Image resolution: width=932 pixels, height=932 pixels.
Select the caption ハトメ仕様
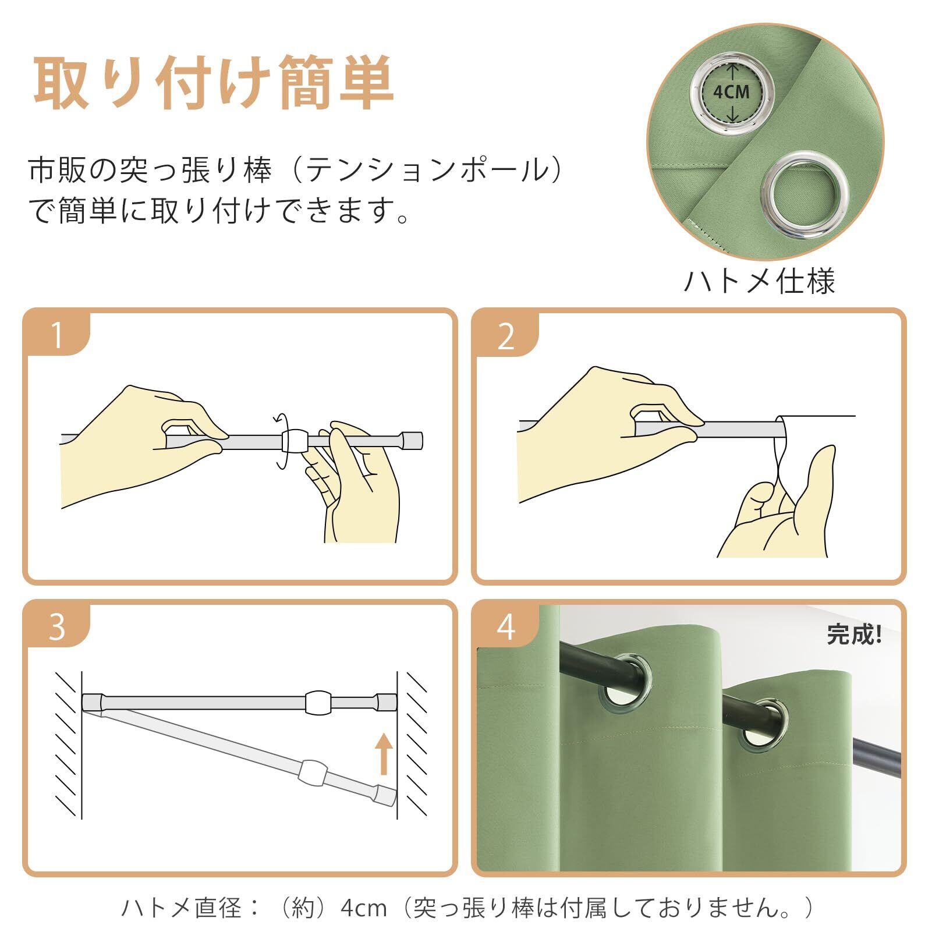coord(759,281)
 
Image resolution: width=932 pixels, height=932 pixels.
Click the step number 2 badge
coord(506,336)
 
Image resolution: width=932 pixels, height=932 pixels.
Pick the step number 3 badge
coord(57,627)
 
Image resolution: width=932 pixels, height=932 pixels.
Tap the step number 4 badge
coord(506,627)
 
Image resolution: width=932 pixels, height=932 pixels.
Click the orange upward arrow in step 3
coord(383,754)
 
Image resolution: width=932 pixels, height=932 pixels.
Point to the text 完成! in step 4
coord(855,634)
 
